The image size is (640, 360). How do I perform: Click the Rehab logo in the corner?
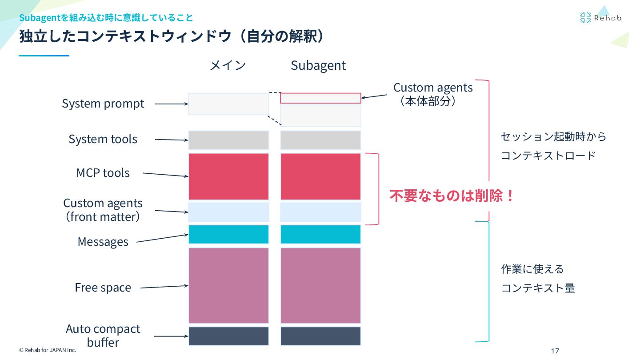click(x=600, y=18)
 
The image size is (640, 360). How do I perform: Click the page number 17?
click(x=555, y=351)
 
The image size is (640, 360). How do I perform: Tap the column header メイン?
click(x=228, y=65)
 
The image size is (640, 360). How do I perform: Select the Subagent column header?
click(x=318, y=65)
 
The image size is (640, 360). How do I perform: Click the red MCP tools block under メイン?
click(x=228, y=176)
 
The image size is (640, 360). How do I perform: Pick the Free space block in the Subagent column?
click(x=320, y=285)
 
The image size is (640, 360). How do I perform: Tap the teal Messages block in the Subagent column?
click(x=320, y=234)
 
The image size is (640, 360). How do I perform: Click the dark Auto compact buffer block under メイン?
click(x=228, y=336)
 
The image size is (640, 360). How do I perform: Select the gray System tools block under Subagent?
click(x=320, y=140)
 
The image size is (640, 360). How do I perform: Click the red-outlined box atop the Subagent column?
click(x=320, y=98)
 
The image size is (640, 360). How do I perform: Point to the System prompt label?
click(x=103, y=104)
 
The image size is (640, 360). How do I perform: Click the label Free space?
click(x=103, y=288)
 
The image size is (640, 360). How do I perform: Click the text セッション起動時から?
click(x=553, y=136)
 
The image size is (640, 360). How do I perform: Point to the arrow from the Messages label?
click(x=162, y=238)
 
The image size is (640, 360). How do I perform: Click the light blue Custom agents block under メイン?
click(x=228, y=212)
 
